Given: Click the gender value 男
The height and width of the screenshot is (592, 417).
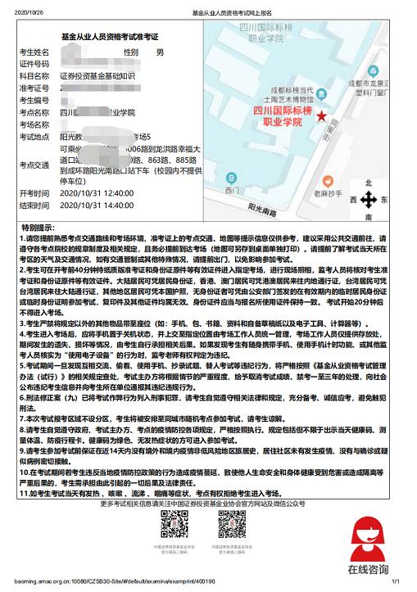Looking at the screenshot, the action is click(x=160, y=52).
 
